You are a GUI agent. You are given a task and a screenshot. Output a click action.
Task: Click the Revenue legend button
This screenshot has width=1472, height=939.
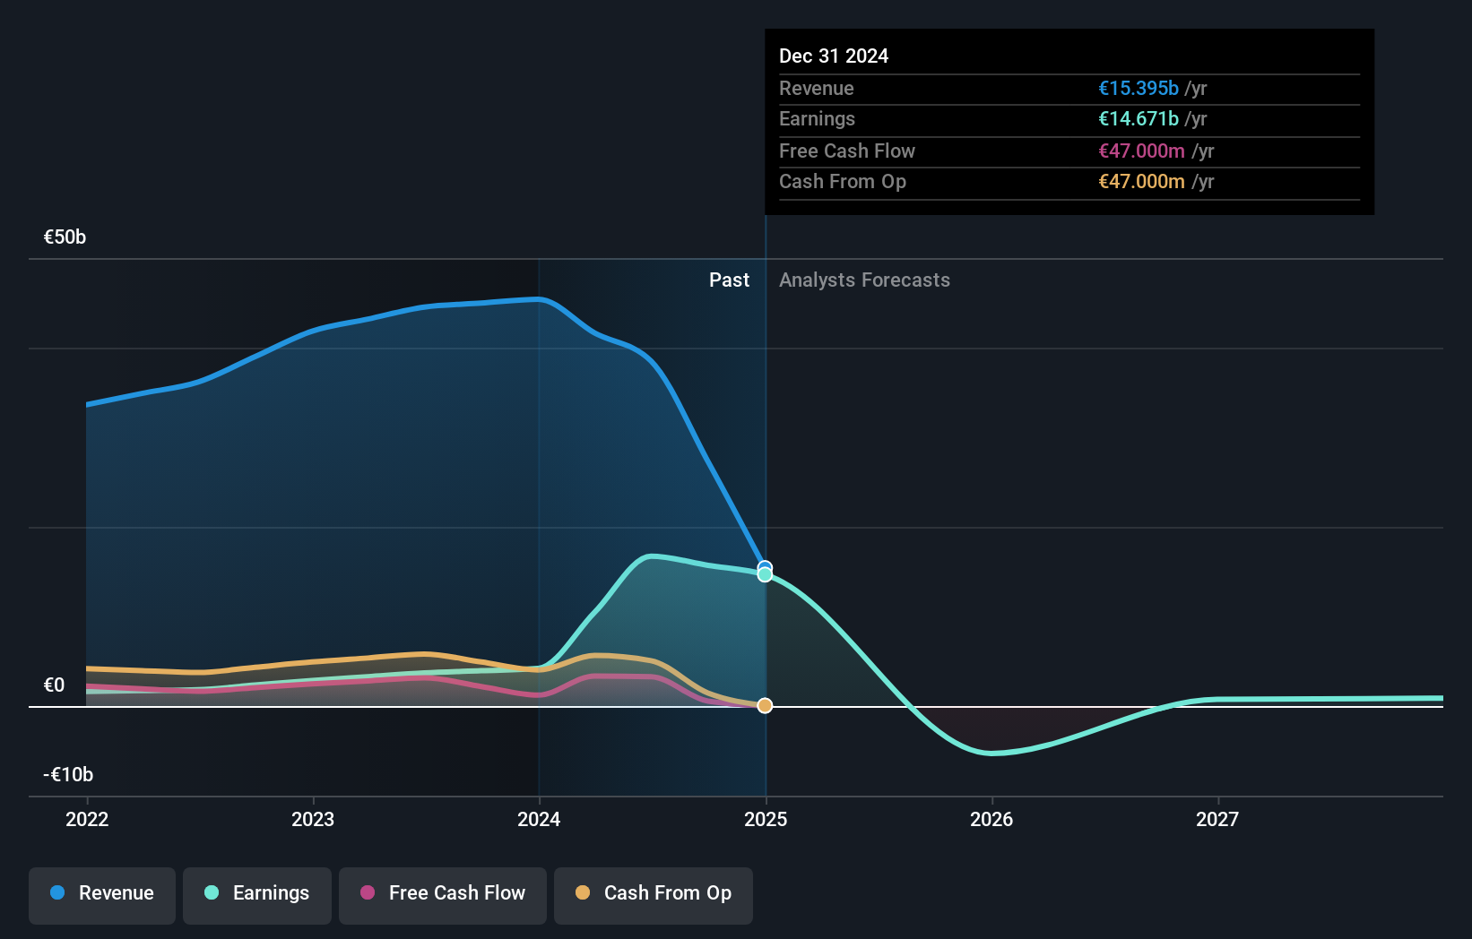(102, 893)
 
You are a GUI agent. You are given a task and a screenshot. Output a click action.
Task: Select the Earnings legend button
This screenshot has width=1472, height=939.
(257, 893)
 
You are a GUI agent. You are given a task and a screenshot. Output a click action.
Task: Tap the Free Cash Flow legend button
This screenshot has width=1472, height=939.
(443, 893)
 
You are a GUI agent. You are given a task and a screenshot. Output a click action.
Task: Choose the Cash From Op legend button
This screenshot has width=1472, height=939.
(654, 893)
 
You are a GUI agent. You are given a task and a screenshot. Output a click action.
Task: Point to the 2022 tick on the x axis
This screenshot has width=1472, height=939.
(87, 819)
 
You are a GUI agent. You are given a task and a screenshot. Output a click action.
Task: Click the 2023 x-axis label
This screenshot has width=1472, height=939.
(313, 819)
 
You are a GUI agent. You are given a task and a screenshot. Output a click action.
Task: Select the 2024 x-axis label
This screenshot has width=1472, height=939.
(539, 819)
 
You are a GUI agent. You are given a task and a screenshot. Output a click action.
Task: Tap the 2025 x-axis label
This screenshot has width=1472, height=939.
(766, 819)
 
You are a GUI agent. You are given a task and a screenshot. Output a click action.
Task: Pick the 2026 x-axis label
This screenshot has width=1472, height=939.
(991, 819)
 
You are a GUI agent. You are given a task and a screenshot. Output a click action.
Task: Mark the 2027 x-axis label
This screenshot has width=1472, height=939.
(1217, 819)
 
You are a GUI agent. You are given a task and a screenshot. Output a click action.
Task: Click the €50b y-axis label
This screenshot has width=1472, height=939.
(65, 237)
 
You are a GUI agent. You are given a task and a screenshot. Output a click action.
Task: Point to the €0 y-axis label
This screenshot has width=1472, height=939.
(54, 685)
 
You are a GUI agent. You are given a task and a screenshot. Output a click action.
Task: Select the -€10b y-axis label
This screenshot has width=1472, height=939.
(68, 774)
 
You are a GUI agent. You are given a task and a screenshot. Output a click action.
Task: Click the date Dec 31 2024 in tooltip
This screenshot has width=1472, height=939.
(834, 56)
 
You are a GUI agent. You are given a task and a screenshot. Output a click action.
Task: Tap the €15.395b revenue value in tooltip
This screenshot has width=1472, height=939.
(1139, 88)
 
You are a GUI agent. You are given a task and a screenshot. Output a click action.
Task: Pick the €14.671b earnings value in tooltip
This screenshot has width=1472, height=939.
(1139, 118)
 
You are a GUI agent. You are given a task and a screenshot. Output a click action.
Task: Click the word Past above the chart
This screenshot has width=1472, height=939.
(729, 280)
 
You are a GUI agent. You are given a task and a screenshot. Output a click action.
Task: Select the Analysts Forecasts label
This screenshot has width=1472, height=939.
(864, 280)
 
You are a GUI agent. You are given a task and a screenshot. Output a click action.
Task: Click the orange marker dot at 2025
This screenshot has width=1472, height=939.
(765, 706)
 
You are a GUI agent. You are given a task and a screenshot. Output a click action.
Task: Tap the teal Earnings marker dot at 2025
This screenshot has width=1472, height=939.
(765, 574)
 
